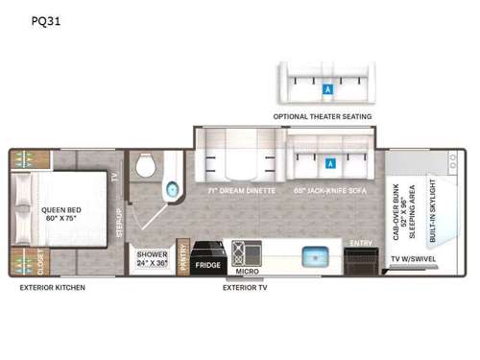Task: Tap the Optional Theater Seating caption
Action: tap(323, 116)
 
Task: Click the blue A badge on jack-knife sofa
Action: tap(330, 162)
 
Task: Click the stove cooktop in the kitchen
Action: tap(237, 254)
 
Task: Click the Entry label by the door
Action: tap(361, 243)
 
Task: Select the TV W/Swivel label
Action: tap(414, 259)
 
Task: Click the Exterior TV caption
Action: tap(244, 287)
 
